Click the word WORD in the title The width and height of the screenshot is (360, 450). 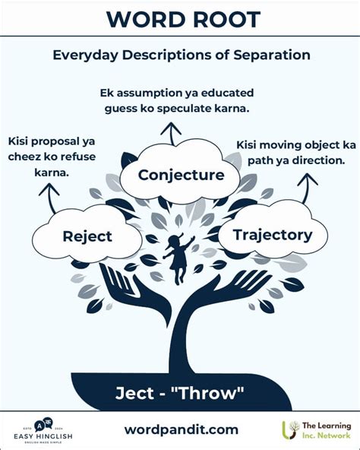pyautogui.click(x=147, y=20)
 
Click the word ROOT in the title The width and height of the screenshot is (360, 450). pyautogui.click(x=227, y=20)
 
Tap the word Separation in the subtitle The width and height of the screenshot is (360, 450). pyautogui.click(x=272, y=55)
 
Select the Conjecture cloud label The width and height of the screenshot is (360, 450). pyautogui.click(x=181, y=175)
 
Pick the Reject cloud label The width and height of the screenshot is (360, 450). pyautogui.click(x=87, y=236)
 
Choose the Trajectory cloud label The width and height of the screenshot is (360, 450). pyautogui.click(x=273, y=235)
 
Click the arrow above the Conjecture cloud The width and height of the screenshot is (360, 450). pyautogui.click(x=171, y=134)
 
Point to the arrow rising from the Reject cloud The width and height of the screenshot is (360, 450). pyautogui.click(x=49, y=198)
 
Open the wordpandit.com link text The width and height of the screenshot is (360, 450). pyautogui.click(x=182, y=429)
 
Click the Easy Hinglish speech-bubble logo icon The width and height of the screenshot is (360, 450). pyautogui.click(x=43, y=425)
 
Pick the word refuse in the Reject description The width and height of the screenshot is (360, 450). pyautogui.click(x=77, y=157)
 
